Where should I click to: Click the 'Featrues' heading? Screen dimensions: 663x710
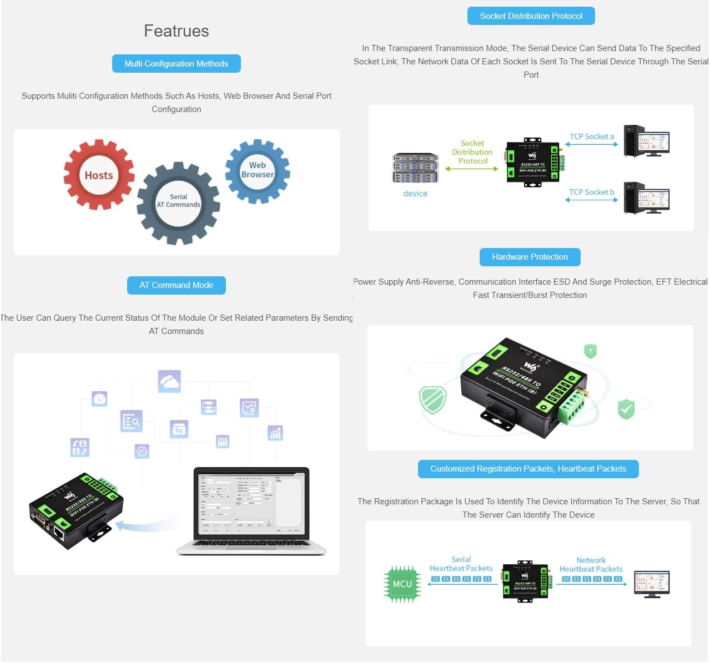(177, 31)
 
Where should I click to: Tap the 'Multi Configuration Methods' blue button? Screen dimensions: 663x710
(177, 64)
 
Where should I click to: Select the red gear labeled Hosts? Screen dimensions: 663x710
(99, 175)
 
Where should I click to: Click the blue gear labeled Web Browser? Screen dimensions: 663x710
(257, 170)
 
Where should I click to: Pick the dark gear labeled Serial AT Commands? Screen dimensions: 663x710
(178, 202)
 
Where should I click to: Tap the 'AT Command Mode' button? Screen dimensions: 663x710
(177, 285)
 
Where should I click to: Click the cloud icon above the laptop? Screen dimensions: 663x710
(169, 382)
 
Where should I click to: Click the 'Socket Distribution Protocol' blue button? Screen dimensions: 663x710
(531, 16)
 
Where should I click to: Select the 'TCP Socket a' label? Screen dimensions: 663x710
(592, 136)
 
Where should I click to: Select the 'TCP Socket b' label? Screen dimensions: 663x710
(592, 192)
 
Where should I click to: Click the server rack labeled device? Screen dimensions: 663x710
(415, 168)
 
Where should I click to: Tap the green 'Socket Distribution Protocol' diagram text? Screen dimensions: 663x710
(472, 152)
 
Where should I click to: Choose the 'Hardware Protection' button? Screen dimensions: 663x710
(530, 257)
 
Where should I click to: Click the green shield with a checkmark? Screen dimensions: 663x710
(626, 409)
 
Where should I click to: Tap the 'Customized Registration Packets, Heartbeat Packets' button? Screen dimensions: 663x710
(528, 469)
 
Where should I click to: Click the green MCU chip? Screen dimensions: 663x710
(402, 584)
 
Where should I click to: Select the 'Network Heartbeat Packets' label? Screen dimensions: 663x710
(591, 565)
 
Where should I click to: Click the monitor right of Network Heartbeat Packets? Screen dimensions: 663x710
(652, 584)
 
